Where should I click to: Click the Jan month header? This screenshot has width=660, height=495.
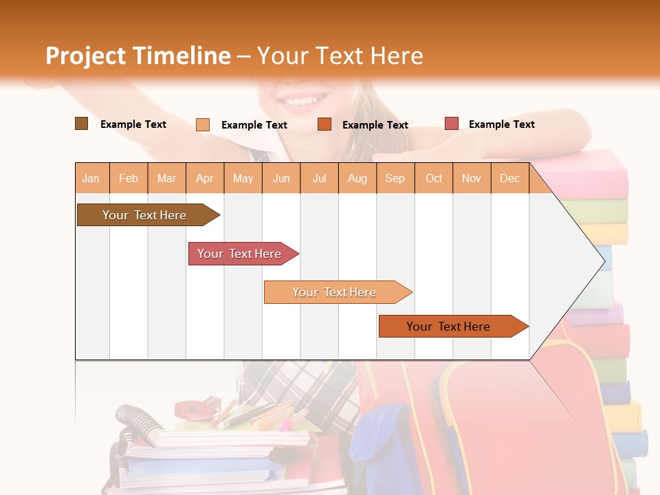91,178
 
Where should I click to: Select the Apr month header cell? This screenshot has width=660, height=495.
205,178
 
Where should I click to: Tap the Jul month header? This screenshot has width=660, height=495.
320,178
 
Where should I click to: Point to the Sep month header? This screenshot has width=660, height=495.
395,178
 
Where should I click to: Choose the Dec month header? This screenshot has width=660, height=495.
510,178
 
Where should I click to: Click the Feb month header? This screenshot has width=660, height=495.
129,178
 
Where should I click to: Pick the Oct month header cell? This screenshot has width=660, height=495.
434,178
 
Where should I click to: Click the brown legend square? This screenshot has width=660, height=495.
82,124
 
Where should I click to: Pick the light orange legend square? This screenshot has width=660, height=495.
203,124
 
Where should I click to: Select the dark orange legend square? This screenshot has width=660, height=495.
324,124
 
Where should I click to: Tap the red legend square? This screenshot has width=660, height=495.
452,124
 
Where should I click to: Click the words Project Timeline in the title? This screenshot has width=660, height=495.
138,56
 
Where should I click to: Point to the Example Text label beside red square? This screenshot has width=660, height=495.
502,124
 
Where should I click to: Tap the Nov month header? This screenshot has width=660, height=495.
472,178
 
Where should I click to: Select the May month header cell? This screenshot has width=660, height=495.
243,178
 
